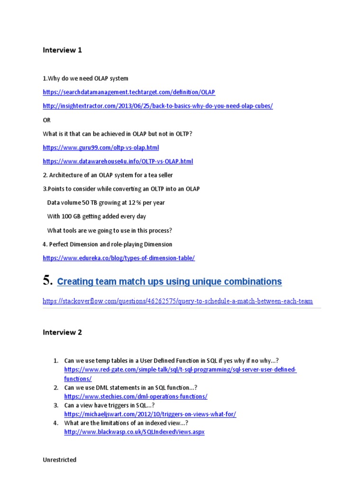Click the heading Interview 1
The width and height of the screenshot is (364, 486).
point(62,50)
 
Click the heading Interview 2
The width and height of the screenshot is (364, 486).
point(62,332)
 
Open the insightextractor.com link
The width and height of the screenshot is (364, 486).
point(157,106)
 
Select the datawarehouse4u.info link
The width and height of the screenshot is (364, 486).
point(118,161)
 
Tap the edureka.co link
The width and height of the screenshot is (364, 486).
point(118,258)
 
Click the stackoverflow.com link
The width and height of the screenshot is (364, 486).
point(177,301)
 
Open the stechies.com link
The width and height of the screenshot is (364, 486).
point(136,396)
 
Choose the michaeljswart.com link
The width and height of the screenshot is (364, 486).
point(150,414)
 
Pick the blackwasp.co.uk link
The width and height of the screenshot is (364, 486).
point(134,432)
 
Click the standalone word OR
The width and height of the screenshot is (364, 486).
point(46,120)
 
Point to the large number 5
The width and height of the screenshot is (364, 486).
point(47,280)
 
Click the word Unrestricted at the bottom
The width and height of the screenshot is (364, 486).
point(59,460)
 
